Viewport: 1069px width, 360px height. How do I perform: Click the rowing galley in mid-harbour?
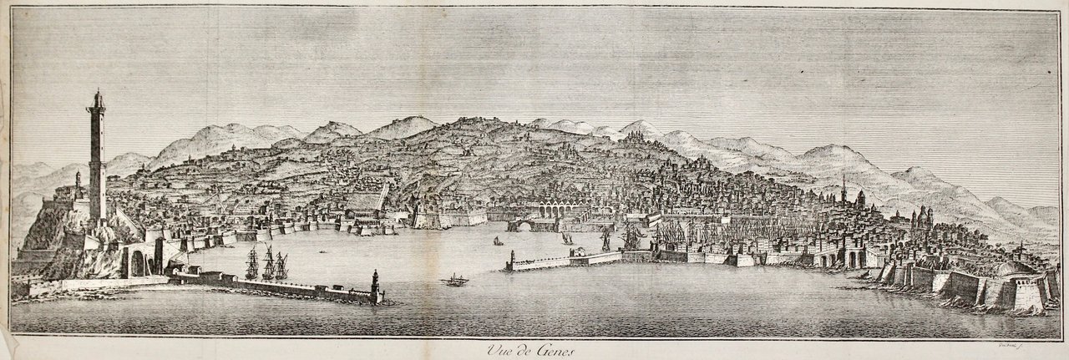[455, 280]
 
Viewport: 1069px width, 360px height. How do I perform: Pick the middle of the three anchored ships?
[268, 262]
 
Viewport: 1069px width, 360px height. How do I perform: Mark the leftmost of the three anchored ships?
[251, 263]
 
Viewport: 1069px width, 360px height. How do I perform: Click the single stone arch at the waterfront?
[523, 226]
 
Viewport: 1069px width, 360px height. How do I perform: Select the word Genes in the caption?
[548, 350]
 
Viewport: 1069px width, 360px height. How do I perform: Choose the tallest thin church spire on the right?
[844, 189]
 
